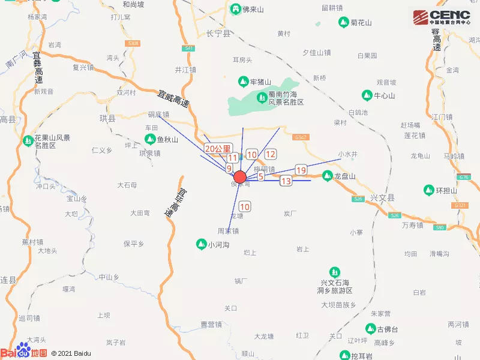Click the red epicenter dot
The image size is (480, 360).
coord(239,177)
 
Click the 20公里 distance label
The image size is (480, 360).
coord(217,148)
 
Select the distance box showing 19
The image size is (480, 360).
coord(301,170)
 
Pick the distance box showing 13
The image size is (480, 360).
coord(286,181)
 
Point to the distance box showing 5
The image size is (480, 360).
coord(261,176)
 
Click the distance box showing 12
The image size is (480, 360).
coord(270,154)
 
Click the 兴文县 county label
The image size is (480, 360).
coord(382,197)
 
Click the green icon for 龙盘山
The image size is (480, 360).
coord(327,176)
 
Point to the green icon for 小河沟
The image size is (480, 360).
coord(201,244)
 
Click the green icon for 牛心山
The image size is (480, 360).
coord(367,95)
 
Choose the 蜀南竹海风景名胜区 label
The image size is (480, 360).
coord(286,98)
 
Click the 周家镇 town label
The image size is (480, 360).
coord(228,230)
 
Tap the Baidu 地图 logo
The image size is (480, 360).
coord(24,352)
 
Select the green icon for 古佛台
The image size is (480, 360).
coord(370,329)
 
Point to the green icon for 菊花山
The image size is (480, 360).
coord(343,23)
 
